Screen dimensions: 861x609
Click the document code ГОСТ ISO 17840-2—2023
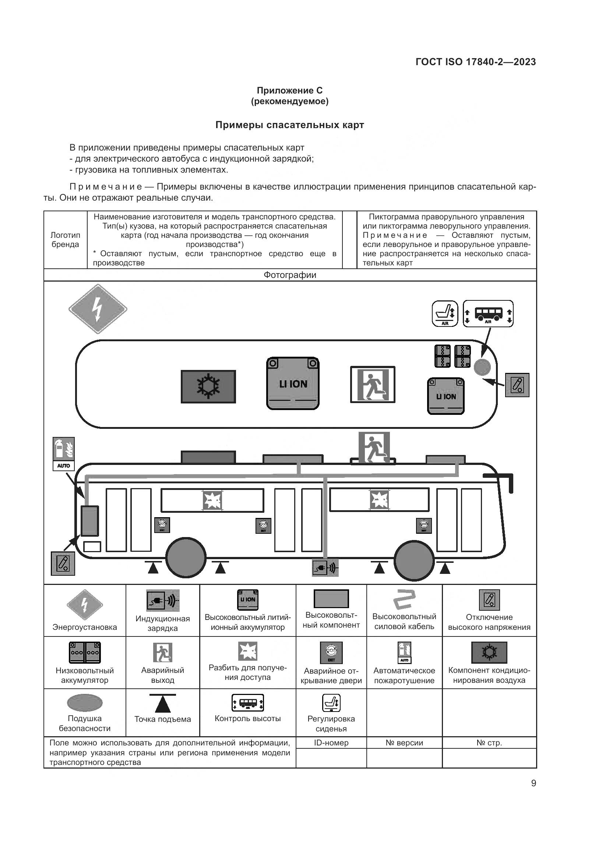click(475, 62)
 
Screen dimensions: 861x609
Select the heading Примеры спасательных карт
click(289, 125)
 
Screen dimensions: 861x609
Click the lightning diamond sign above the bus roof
click(98, 309)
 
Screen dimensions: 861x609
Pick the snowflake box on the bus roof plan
click(208, 387)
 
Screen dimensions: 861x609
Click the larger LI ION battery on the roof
click(293, 383)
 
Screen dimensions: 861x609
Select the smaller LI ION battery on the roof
click(446, 396)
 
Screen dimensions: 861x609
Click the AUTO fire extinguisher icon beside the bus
click(63, 454)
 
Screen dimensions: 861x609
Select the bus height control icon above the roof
click(488, 314)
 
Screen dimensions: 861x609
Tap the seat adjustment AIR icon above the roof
click(445, 314)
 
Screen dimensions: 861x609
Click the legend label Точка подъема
click(162, 719)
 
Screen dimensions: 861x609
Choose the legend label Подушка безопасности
click(84, 723)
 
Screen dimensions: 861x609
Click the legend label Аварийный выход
click(162, 675)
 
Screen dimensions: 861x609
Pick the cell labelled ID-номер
click(331, 742)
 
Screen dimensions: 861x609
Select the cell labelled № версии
click(404, 742)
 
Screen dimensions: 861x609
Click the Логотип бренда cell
click(65, 240)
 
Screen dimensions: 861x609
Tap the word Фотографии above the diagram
click(289, 275)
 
